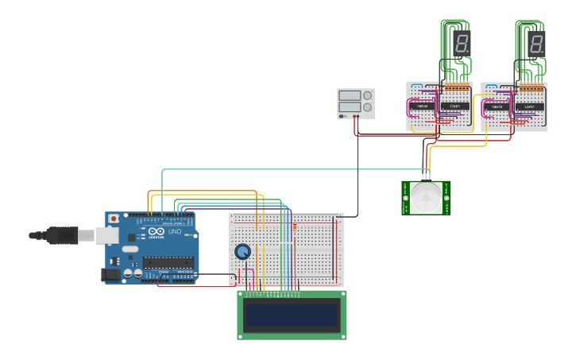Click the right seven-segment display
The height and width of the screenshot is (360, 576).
point(537,44)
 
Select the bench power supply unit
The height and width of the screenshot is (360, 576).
point(355,103)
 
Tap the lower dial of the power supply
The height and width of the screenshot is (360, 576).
point(367,107)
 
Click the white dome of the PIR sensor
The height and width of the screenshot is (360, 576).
point(427,197)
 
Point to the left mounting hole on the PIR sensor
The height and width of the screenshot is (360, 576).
point(406,198)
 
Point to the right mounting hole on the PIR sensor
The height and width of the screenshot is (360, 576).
point(447,198)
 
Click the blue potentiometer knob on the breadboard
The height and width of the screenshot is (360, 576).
point(242,252)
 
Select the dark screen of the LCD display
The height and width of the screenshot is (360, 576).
point(292,315)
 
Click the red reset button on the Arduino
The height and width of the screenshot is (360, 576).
point(114,219)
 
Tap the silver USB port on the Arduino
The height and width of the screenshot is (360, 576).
point(106,235)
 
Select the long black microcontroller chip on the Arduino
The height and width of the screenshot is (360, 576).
point(168,263)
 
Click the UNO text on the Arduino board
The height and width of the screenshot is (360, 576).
point(175,231)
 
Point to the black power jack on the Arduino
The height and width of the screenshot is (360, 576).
point(110,274)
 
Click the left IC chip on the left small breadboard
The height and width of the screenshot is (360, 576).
point(423,106)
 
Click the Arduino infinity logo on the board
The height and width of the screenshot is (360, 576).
point(156,231)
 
